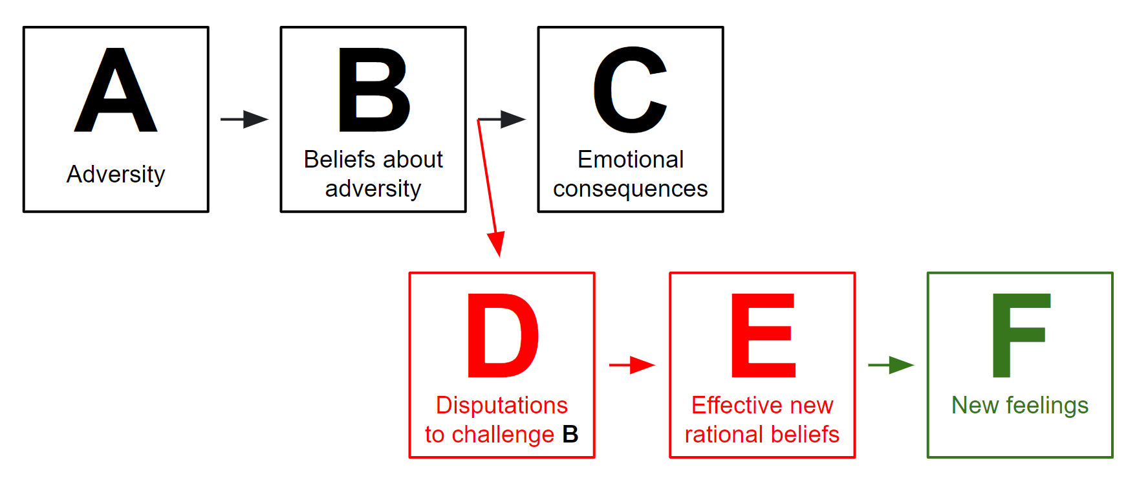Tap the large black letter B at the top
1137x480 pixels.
373,91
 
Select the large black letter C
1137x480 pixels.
630,90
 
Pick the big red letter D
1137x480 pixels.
503,335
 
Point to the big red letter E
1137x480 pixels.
763,335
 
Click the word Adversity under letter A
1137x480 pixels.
116,174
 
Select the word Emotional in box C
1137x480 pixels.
631,159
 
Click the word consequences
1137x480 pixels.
631,189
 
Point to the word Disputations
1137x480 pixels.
502,405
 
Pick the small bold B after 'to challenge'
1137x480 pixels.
570,434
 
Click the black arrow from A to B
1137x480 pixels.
244,119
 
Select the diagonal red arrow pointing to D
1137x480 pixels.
489,188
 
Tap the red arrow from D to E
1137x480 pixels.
632,365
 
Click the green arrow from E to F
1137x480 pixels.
891,365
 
